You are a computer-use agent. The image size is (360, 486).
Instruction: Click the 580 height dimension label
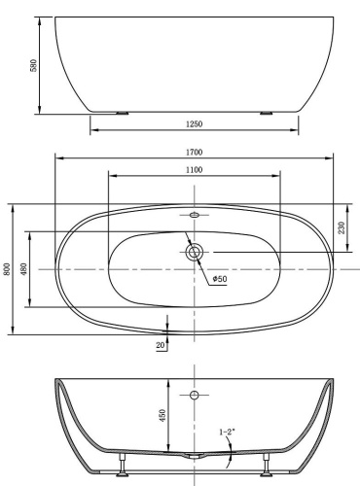point(34,65)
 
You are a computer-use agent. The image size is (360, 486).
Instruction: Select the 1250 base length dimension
point(194,124)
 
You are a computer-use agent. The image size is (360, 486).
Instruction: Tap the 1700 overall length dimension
point(194,152)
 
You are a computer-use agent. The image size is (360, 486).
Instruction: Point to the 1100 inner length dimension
point(194,170)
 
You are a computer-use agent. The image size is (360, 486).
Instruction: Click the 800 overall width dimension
point(7,269)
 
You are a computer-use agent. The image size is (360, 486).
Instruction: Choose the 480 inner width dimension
point(24,269)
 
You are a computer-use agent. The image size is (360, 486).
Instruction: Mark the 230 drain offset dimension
point(342,227)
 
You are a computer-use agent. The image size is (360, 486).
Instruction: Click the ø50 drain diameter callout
point(220,279)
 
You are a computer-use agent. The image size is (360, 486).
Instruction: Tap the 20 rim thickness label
point(161,345)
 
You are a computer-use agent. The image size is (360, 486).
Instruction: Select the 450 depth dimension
point(162,416)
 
